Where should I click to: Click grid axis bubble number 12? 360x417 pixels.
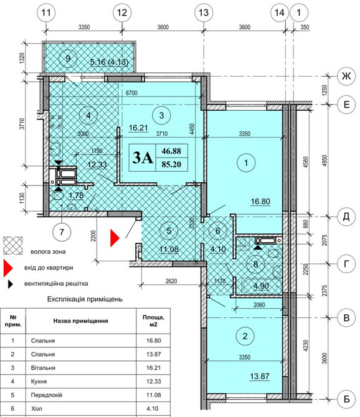point(122,12)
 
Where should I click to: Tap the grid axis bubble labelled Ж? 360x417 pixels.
point(346,77)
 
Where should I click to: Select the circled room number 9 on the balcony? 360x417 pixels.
point(68,58)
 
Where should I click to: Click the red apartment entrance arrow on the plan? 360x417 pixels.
point(115,238)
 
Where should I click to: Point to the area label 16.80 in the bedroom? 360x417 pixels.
point(260,201)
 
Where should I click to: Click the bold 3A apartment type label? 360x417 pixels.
point(143,157)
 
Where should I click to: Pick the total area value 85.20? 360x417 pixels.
point(171,164)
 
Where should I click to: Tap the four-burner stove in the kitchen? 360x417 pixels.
point(56,121)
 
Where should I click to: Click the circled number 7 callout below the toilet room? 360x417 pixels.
point(62,232)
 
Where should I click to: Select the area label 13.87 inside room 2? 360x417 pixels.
point(260,377)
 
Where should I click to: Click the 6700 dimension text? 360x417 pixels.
point(131,93)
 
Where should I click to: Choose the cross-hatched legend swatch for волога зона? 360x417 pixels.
point(13,246)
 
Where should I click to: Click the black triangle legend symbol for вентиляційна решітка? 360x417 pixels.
point(10,284)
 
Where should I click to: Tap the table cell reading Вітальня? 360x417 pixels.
point(43,368)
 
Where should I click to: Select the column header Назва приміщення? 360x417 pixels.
point(80,321)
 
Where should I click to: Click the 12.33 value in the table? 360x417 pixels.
point(153,382)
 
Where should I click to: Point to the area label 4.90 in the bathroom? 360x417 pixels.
point(261,286)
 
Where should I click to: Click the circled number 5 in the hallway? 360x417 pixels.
point(169,230)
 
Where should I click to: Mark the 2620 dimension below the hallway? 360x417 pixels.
point(171,281)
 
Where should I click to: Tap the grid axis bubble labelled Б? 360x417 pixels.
point(346,399)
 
